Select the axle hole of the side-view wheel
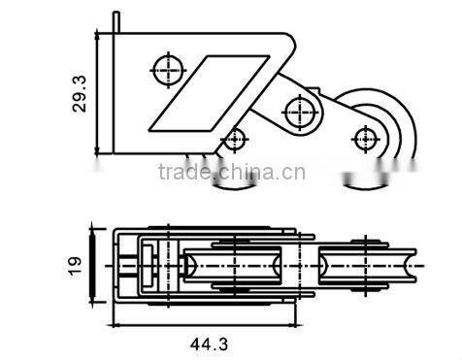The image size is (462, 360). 366,136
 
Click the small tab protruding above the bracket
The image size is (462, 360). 116,19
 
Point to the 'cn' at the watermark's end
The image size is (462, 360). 296,174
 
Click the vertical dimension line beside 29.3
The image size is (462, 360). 98,92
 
